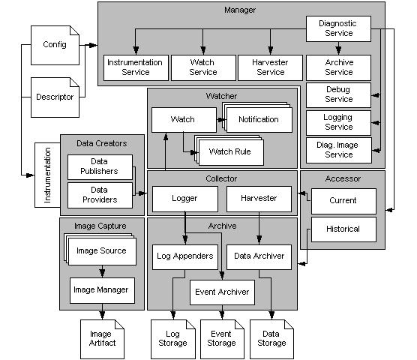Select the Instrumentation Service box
136,67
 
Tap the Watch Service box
203,67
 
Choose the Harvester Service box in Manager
271,67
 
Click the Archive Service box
339,67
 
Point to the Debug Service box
339,94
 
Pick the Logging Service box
339,121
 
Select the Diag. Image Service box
339,149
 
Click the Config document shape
55,45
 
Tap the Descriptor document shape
55,97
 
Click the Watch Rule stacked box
229,153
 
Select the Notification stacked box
258,120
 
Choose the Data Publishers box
98,166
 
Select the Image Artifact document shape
100,337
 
